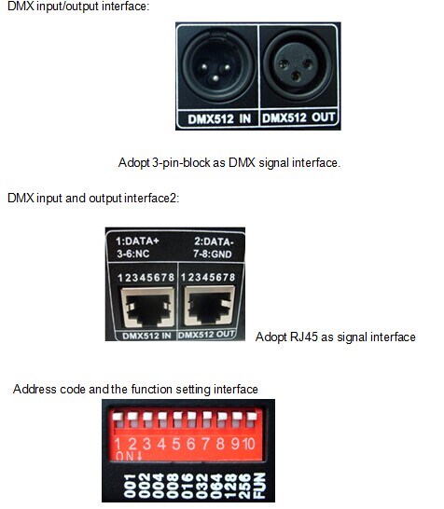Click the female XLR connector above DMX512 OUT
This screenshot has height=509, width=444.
click(x=297, y=66)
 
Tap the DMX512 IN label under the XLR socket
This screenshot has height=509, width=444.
click(x=219, y=119)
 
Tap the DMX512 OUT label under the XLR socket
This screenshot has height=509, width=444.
click(x=298, y=117)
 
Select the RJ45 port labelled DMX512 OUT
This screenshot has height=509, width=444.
click(x=209, y=306)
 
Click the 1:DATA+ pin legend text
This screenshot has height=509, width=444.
click(x=137, y=241)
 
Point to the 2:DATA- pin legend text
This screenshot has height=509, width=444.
click(x=214, y=241)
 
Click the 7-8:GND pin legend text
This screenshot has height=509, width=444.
click(x=213, y=254)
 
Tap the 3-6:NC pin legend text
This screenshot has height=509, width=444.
click(x=132, y=254)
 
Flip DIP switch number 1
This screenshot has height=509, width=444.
click(x=118, y=420)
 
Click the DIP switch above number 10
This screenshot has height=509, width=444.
click(x=251, y=420)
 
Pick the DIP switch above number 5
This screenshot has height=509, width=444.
click(x=177, y=420)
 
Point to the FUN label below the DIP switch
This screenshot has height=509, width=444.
click(x=259, y=486)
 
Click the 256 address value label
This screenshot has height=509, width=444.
click(x=245, y=486)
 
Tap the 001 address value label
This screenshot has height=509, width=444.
click(x=130, y=486)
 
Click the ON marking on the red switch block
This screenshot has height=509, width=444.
click(x=125, y=456)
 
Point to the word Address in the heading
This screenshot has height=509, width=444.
click(x=35, y=389)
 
